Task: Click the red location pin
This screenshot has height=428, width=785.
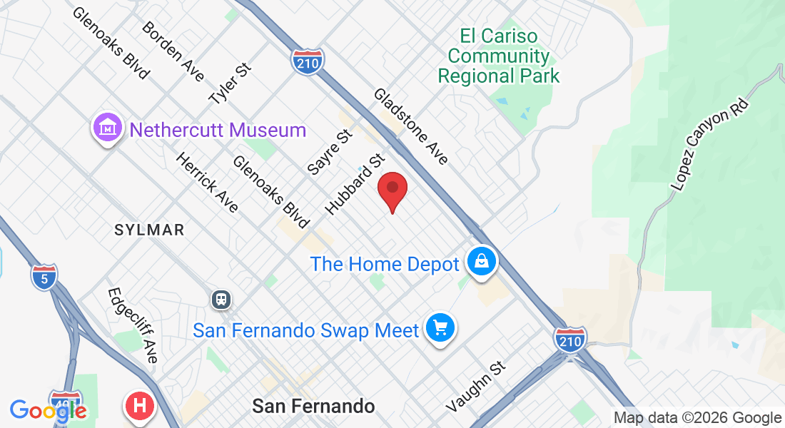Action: [x=392, y=190]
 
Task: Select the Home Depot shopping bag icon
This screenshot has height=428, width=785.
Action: [x=482, y=263]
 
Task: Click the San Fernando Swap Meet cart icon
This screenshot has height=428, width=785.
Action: [x=440, y=329]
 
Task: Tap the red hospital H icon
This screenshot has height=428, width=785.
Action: [x=141, y=406]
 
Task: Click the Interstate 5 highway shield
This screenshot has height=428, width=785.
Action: [x=44, y=276]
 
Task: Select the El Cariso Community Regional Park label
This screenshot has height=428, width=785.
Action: [x=498, y=56]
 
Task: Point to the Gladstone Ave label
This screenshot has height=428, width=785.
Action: [x=411, y=126]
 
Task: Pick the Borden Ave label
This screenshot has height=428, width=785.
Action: [x=173, y=51]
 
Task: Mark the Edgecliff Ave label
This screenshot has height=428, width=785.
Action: [x=132, y=325]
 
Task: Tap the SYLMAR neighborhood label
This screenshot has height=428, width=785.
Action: [x=150, y=230]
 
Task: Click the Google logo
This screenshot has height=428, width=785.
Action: [x=48, y=410]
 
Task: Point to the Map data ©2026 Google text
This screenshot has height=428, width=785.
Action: [x=697, y=418]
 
